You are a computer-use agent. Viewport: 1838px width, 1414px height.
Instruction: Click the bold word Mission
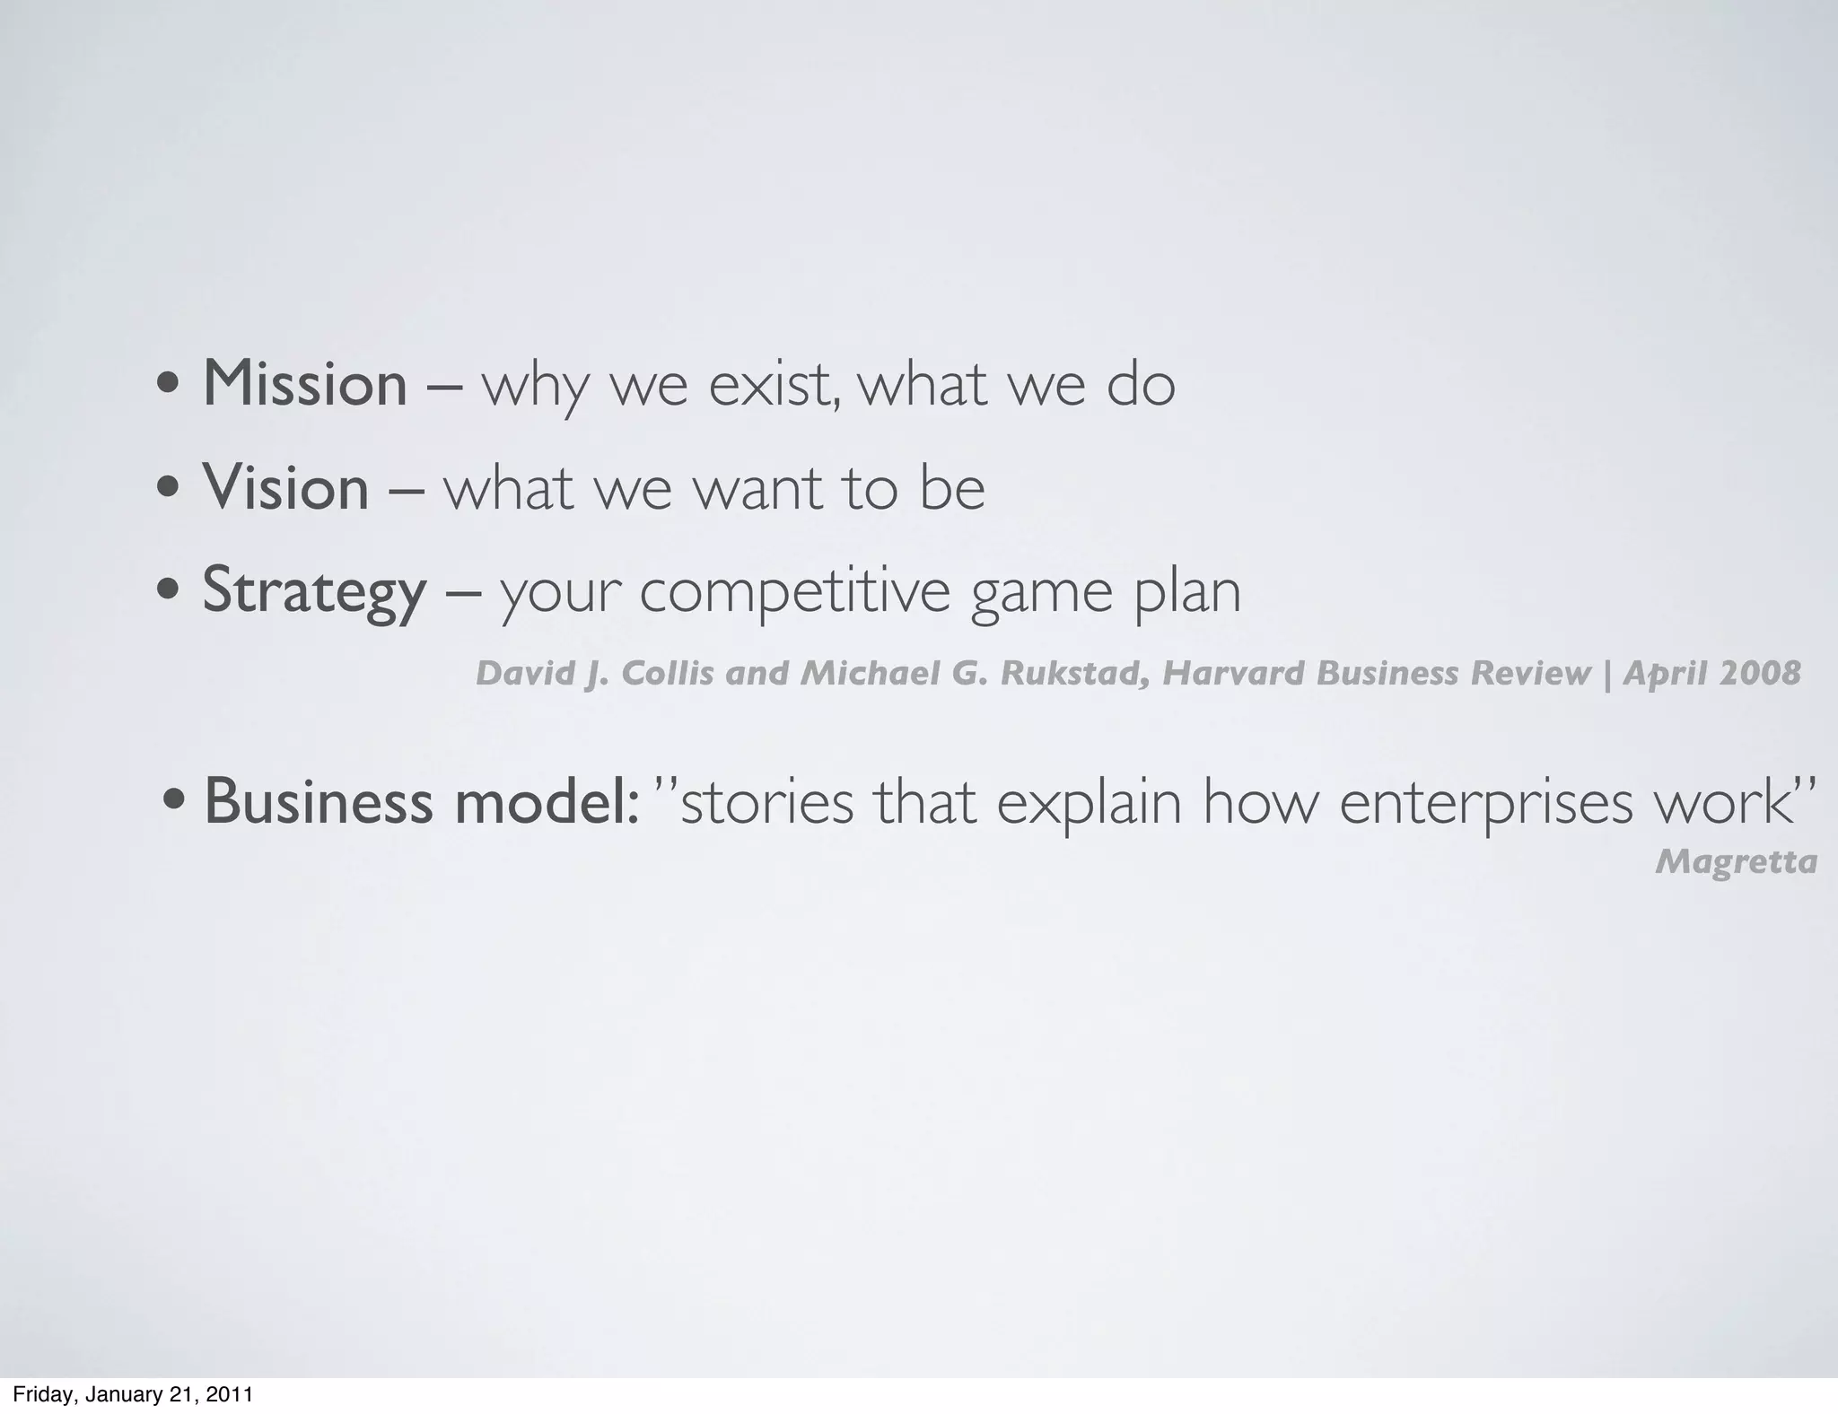pyautogui.click(x=305, y=384)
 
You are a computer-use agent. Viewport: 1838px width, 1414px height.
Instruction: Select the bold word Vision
pyautogui.click(x=285, y=488)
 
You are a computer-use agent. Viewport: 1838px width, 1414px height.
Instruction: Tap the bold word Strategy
pyautogui.click(x=314, y=591)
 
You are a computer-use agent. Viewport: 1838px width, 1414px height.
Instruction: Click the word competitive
pyautogui.click(x=794, y=593)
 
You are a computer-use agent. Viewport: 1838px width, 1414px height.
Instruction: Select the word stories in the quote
pyautogui.click(x=768, y=801)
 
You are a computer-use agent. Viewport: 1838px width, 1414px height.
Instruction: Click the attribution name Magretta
pyautogui.click(x=1736, y=862)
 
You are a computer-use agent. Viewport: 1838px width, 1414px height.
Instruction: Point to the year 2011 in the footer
pyautogui.click(x=229, y=1395)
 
